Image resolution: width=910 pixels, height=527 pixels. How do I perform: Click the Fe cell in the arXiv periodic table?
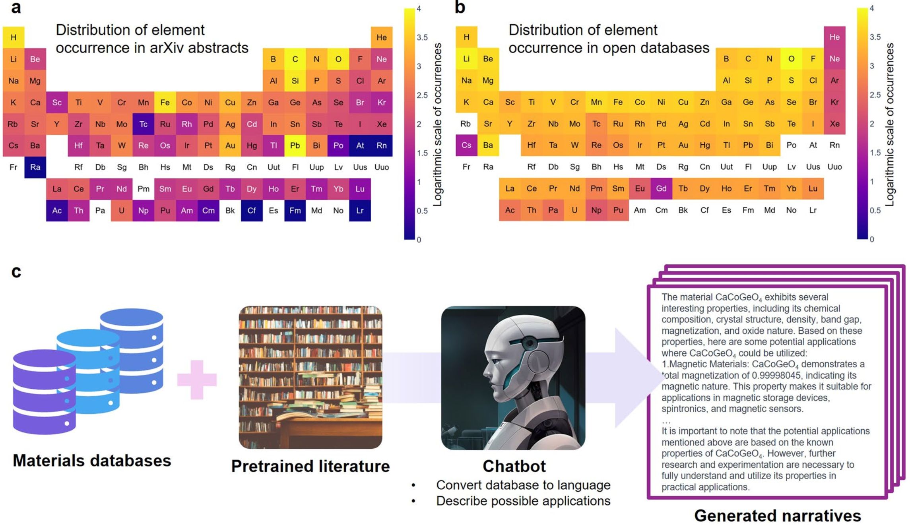(x=165, y=103)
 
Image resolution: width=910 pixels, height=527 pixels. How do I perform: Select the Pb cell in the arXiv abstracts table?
(x=295, y=145)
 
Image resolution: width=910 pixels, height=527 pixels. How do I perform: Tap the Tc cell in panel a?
(x=143, y=124)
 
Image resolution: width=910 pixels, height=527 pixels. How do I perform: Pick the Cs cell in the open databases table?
(x=466, y=145)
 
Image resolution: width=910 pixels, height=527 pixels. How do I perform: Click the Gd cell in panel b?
(x=661, y=188)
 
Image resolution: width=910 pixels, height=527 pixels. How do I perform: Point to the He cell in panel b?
(x=834, y=37)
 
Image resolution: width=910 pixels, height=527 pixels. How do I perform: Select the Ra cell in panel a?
(x=35, y=167)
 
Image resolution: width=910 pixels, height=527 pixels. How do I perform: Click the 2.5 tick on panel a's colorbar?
(x=422, y=95)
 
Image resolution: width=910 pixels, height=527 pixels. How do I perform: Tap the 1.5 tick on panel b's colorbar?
(x=875, y=153)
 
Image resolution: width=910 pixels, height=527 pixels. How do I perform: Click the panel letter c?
(x=16, y=271)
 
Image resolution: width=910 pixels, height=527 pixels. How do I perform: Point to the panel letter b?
(x=460, y=8)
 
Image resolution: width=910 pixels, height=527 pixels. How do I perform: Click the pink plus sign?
(x=197, y=380)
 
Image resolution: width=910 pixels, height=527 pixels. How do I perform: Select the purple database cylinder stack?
(x=44, y=391)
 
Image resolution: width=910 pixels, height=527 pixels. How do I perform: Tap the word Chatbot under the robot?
(x=514, y=466)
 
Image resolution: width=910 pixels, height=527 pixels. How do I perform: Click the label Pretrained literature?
(x=310, y=466)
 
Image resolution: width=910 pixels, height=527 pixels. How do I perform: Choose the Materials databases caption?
(x=92, y=461)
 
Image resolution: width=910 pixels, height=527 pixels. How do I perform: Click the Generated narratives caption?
(x=777, y=515)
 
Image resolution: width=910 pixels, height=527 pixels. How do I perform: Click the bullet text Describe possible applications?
(x=523, y=501)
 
